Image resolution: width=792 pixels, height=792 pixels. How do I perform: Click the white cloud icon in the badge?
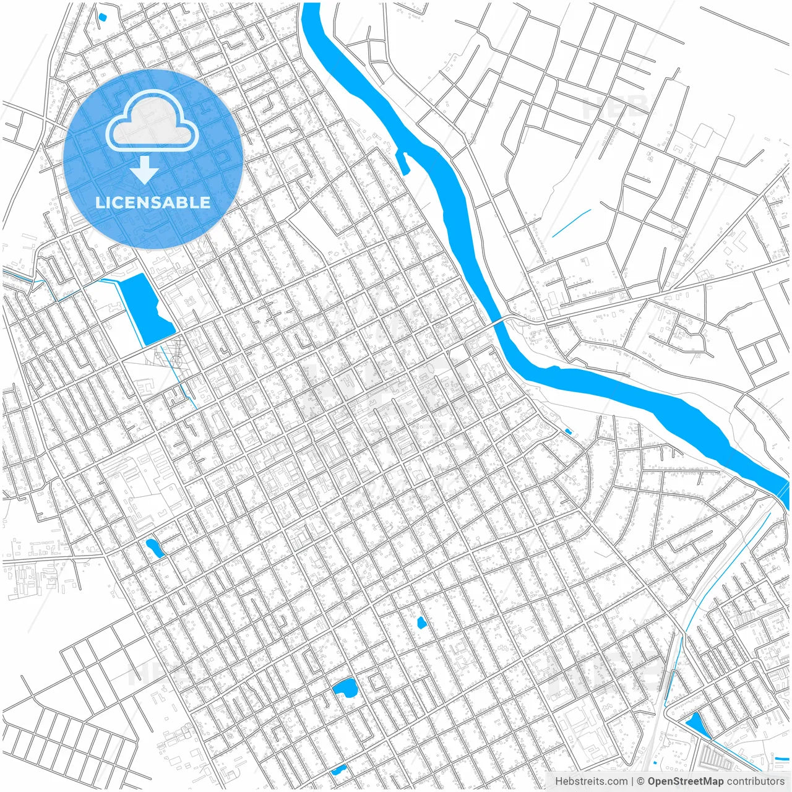coord(152,121)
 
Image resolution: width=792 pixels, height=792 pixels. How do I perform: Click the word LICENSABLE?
coord(153,202)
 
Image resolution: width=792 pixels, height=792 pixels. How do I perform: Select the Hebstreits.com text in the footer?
coord(591,781)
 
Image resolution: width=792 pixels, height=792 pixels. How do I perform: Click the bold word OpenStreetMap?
coord(685,781)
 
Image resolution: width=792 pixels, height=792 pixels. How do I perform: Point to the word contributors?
coord(755,781)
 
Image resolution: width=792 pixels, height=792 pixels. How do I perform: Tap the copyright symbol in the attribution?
coord(641,781)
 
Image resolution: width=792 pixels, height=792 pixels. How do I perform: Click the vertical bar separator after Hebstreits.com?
coord(632,781)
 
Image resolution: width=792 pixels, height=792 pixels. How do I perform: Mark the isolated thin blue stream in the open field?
coord(571,223)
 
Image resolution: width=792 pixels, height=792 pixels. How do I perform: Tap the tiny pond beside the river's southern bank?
coord(568,431)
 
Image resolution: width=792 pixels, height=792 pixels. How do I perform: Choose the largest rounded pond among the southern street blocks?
coord(345,687)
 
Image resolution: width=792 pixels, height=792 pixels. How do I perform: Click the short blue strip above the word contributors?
coord(780,757)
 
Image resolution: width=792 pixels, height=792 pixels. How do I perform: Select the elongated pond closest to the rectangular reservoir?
coord(153,548)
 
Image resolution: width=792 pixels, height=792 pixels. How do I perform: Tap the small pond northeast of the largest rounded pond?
coord(421,622)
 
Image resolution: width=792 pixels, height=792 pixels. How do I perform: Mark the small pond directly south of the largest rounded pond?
coord(338,770)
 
